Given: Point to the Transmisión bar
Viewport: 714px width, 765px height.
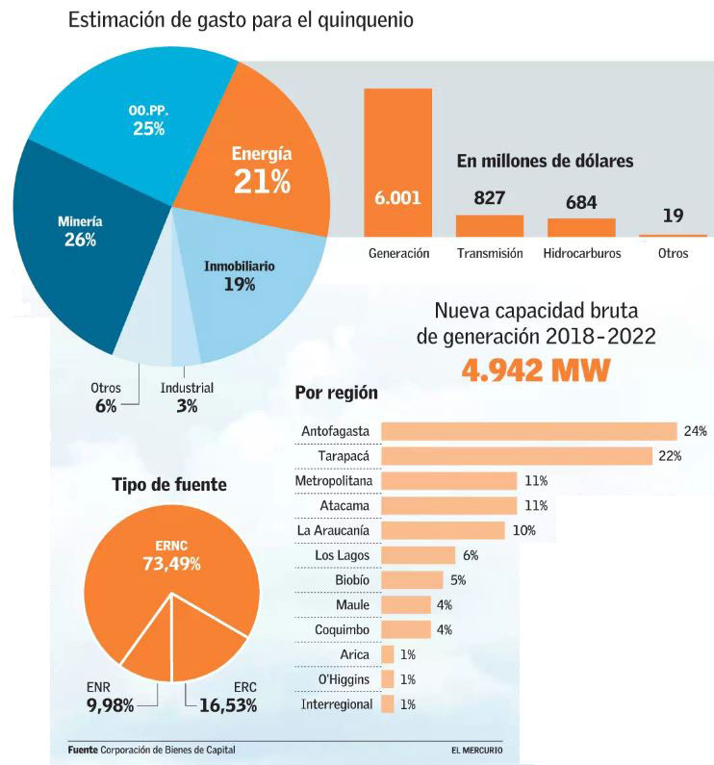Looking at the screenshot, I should (489, 226).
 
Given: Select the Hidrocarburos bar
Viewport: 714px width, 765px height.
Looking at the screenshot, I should (581, 227).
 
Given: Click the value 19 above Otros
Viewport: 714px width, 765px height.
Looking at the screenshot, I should (673, 216).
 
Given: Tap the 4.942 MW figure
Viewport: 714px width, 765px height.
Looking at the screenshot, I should (535, 370).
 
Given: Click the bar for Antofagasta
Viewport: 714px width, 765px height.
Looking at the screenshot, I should (529, 431).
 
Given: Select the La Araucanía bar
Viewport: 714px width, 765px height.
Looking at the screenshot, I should (443, 530).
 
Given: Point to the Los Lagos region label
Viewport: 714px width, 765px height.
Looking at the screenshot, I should (343, 555).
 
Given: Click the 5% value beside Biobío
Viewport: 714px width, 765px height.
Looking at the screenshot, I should (459, 580).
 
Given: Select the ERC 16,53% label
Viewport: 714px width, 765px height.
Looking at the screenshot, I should (231, 698).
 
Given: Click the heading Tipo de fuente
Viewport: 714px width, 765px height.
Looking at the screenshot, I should (169, 485).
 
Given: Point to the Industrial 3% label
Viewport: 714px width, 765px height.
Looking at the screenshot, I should (187, 397).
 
